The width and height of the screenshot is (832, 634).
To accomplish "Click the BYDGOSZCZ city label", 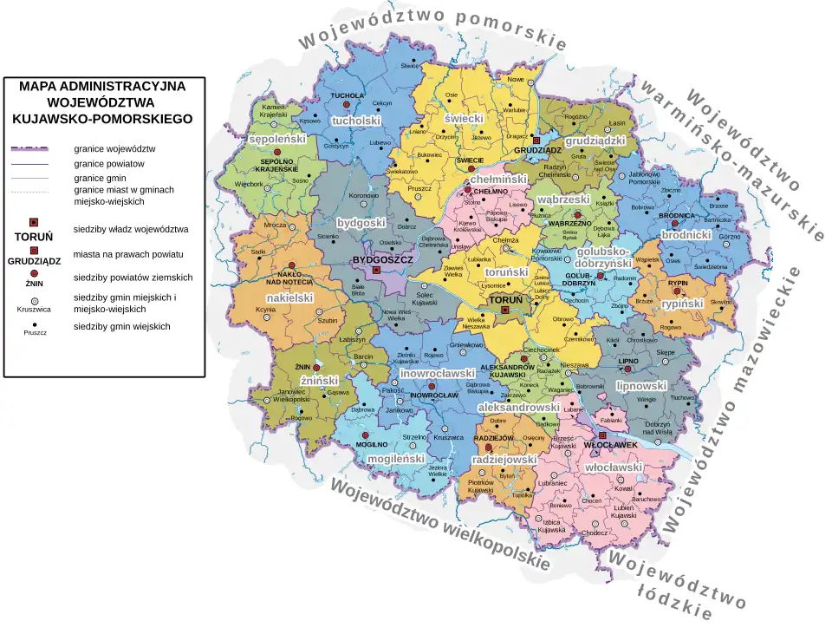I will point(381,259).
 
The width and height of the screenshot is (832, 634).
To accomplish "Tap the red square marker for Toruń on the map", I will point(505,310).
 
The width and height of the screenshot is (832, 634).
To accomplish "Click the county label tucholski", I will point(356,121).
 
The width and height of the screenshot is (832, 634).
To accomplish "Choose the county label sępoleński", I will point(277,138).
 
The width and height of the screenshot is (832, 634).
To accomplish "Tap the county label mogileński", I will point(395,457).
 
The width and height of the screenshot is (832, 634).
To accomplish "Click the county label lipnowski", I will point(641,385).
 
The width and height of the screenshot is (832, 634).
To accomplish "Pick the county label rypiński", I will point(682,304).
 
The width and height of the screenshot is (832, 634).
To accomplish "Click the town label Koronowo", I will point(364,196).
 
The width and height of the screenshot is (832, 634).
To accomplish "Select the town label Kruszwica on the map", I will point(449,437).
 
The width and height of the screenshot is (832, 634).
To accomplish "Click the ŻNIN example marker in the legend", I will point(34,274).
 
